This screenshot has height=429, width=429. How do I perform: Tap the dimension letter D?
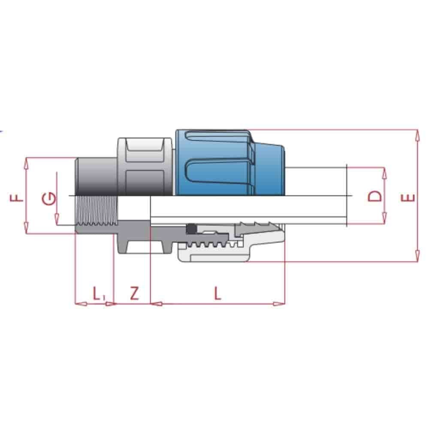click(375, 196)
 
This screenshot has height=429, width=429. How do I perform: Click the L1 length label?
click(98, 294)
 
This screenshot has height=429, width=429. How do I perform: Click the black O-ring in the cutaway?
click(191, 229)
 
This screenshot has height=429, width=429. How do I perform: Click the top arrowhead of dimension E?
click(416, 134)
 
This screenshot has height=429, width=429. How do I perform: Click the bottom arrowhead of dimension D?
click(384, 220)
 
